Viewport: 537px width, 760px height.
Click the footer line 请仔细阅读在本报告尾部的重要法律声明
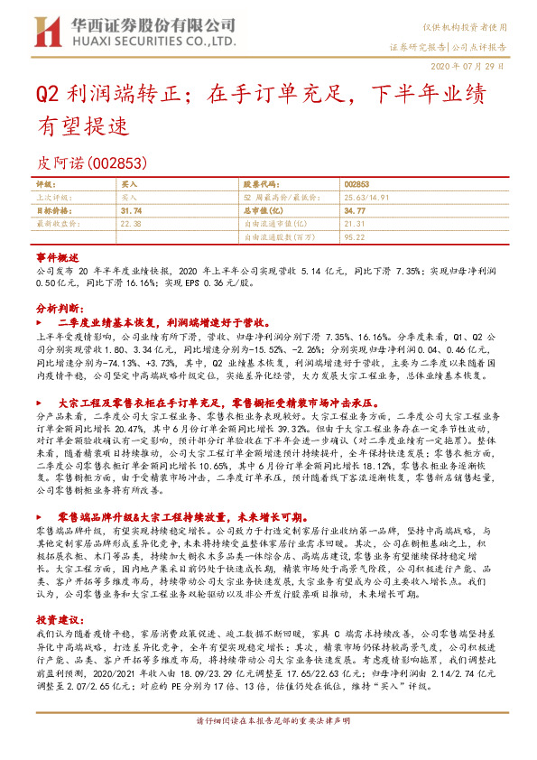268,746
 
